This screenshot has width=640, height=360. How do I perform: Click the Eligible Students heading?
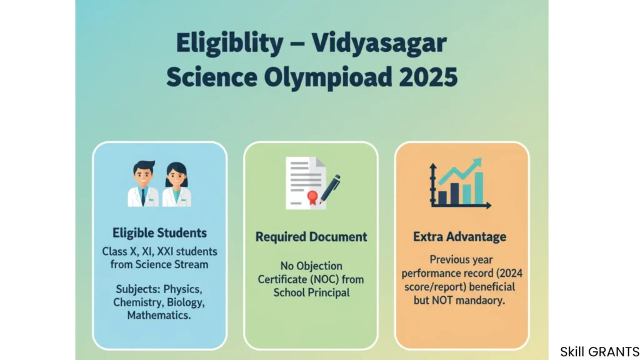(x=159, y=233)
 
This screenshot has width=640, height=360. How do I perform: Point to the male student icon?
(x=143, y=184)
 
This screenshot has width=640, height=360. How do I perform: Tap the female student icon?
(x=176, y=184)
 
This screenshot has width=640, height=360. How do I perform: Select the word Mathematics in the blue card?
(x=159, y=316)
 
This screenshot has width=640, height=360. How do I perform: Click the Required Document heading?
(x=311, y=237)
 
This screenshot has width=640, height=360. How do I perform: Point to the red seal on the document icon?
(x=312, y=197)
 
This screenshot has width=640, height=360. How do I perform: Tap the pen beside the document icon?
(x=330, y=189)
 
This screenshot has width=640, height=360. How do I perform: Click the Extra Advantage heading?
(x=459, y=237)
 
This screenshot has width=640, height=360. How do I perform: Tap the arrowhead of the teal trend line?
(x=477, y=163)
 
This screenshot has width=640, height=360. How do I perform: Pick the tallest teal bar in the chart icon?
(x=479, y=187)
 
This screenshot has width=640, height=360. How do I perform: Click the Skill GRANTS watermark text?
(x=599, y=351)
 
